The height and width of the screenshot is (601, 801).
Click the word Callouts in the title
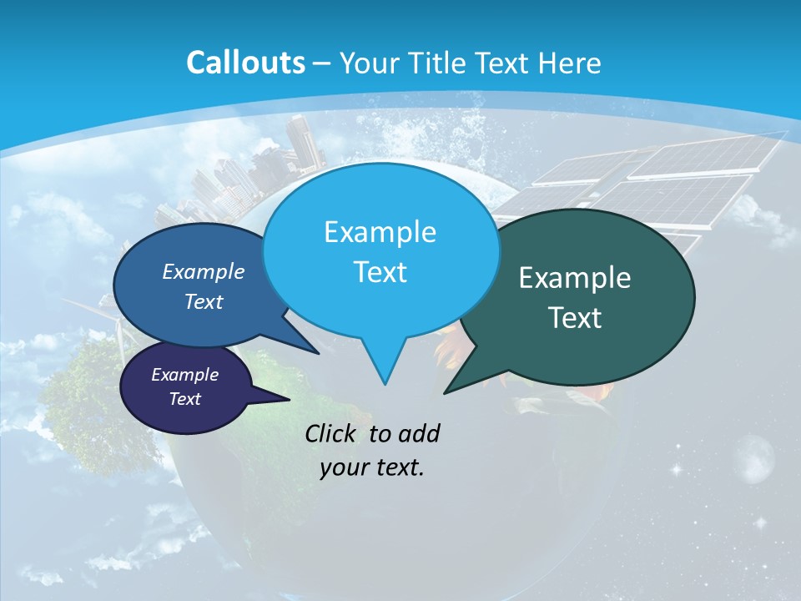245,63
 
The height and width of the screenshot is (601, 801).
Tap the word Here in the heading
570,63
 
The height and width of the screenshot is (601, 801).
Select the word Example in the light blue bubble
380,232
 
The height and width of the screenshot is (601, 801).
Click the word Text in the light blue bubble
380,272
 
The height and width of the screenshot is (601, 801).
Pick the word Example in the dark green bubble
575,278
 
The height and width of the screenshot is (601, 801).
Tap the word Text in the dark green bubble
575,318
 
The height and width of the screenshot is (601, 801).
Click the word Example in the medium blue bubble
203,271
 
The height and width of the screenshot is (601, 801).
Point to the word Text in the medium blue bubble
203,301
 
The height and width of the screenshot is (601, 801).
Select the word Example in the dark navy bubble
184,375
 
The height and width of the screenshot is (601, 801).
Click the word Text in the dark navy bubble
184,399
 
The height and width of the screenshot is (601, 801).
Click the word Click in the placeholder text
331,433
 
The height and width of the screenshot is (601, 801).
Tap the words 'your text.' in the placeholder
371,468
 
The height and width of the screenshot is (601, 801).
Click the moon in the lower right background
755,458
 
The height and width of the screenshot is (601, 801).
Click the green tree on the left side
88,392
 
